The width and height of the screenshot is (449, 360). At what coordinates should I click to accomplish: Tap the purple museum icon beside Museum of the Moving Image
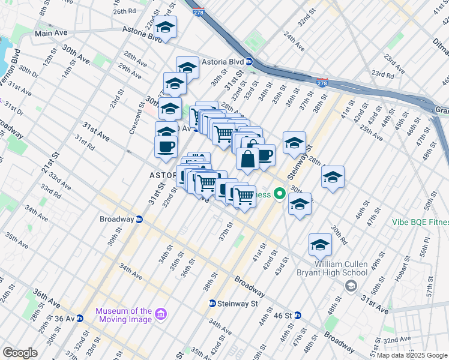[x=160, y=314]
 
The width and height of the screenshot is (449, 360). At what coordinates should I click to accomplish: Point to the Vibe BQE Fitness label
[x=420, y=222]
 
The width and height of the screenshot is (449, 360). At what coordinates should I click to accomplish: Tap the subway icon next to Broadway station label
[x=139, y=219]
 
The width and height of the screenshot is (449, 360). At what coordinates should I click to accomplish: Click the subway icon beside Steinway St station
[x=212, y=304]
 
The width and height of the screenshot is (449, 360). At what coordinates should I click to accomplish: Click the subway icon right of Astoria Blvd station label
[x=247, y=62]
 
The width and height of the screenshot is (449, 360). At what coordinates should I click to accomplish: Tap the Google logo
[x=20, y=353]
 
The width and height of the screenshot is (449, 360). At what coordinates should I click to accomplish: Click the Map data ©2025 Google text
[x=411, y=355]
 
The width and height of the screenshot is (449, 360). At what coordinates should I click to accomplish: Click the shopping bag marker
[x=247, y=159]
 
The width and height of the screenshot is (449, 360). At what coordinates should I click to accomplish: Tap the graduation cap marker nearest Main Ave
[x=165, y=27]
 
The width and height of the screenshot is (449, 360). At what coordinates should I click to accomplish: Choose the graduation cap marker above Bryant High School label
[x=321, y=245]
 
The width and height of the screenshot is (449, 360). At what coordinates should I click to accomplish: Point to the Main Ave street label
[x=51, y=34]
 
